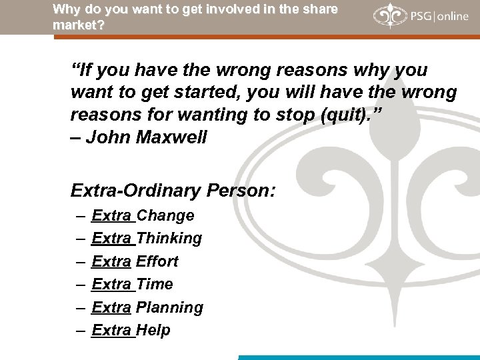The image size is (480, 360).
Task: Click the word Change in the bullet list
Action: pyautogui.click(x=165, y=215)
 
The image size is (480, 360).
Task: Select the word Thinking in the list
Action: pyautogui.click(x=169, y=239)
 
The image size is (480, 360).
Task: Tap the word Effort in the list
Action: pyautogui.click(x=157, y=261)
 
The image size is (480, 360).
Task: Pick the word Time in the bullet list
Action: pyautogui.click(x=155, y=285)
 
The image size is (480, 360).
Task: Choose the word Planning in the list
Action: pyautogui.click(x=169, y=308)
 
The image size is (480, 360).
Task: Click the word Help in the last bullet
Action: pyautogui.click(x=153, y=331)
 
